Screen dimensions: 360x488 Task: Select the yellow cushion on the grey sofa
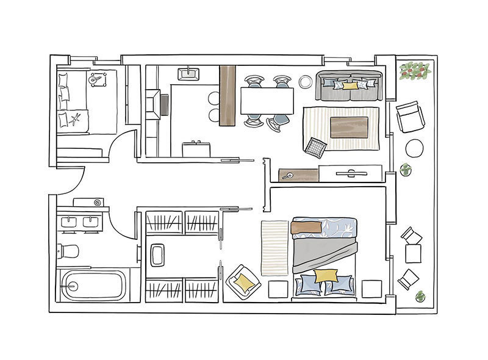point(350,85)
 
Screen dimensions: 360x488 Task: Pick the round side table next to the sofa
point(306,80)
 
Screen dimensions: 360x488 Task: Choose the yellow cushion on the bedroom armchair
point(243,281)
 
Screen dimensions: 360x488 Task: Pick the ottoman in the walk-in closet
point(157,254)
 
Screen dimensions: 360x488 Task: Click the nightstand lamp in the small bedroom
point(97,79)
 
